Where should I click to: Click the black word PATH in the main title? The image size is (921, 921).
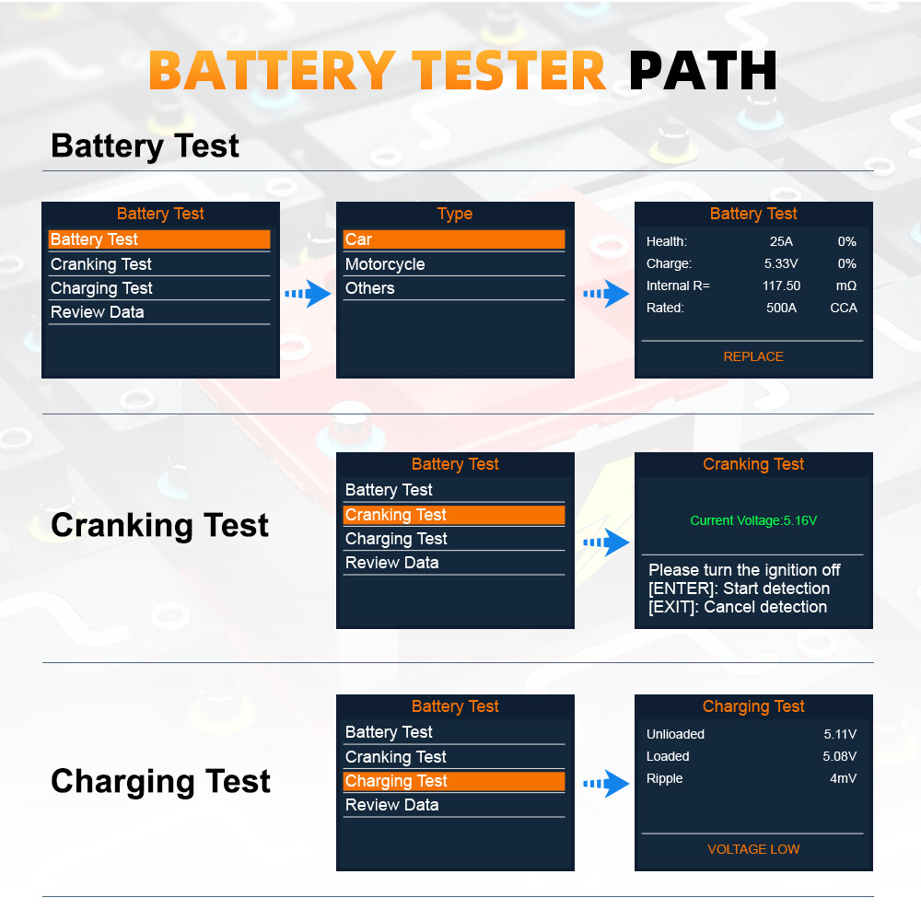point(703,70)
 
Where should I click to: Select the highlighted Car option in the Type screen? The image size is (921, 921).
point(453,239)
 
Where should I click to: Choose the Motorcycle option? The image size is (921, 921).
point(385,264)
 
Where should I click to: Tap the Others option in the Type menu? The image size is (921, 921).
point(369,288)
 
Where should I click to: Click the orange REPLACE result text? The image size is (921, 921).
point(752,356)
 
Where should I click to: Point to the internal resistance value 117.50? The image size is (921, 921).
point(781,286)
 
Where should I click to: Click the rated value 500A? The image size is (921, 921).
point(781,308)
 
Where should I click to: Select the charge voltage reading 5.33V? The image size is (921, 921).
point(781,263)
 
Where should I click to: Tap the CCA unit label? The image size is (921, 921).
point(843,308)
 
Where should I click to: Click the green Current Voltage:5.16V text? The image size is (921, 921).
point(752,520)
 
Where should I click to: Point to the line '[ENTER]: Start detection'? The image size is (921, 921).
point(739,589)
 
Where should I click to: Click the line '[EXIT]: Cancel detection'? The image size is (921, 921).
point(737,607)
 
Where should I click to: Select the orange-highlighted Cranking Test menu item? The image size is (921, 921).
point(453,515)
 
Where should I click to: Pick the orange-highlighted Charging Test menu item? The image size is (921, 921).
point(453,781)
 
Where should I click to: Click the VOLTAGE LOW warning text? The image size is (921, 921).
point(752,849)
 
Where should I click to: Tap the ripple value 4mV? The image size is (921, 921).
point(843,778)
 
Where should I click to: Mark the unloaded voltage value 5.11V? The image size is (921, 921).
point(839,734)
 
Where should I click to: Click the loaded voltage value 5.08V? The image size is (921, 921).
point(839,756)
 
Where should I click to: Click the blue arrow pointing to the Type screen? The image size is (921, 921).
point(308,295)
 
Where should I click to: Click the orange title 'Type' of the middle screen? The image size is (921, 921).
point(454,214)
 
